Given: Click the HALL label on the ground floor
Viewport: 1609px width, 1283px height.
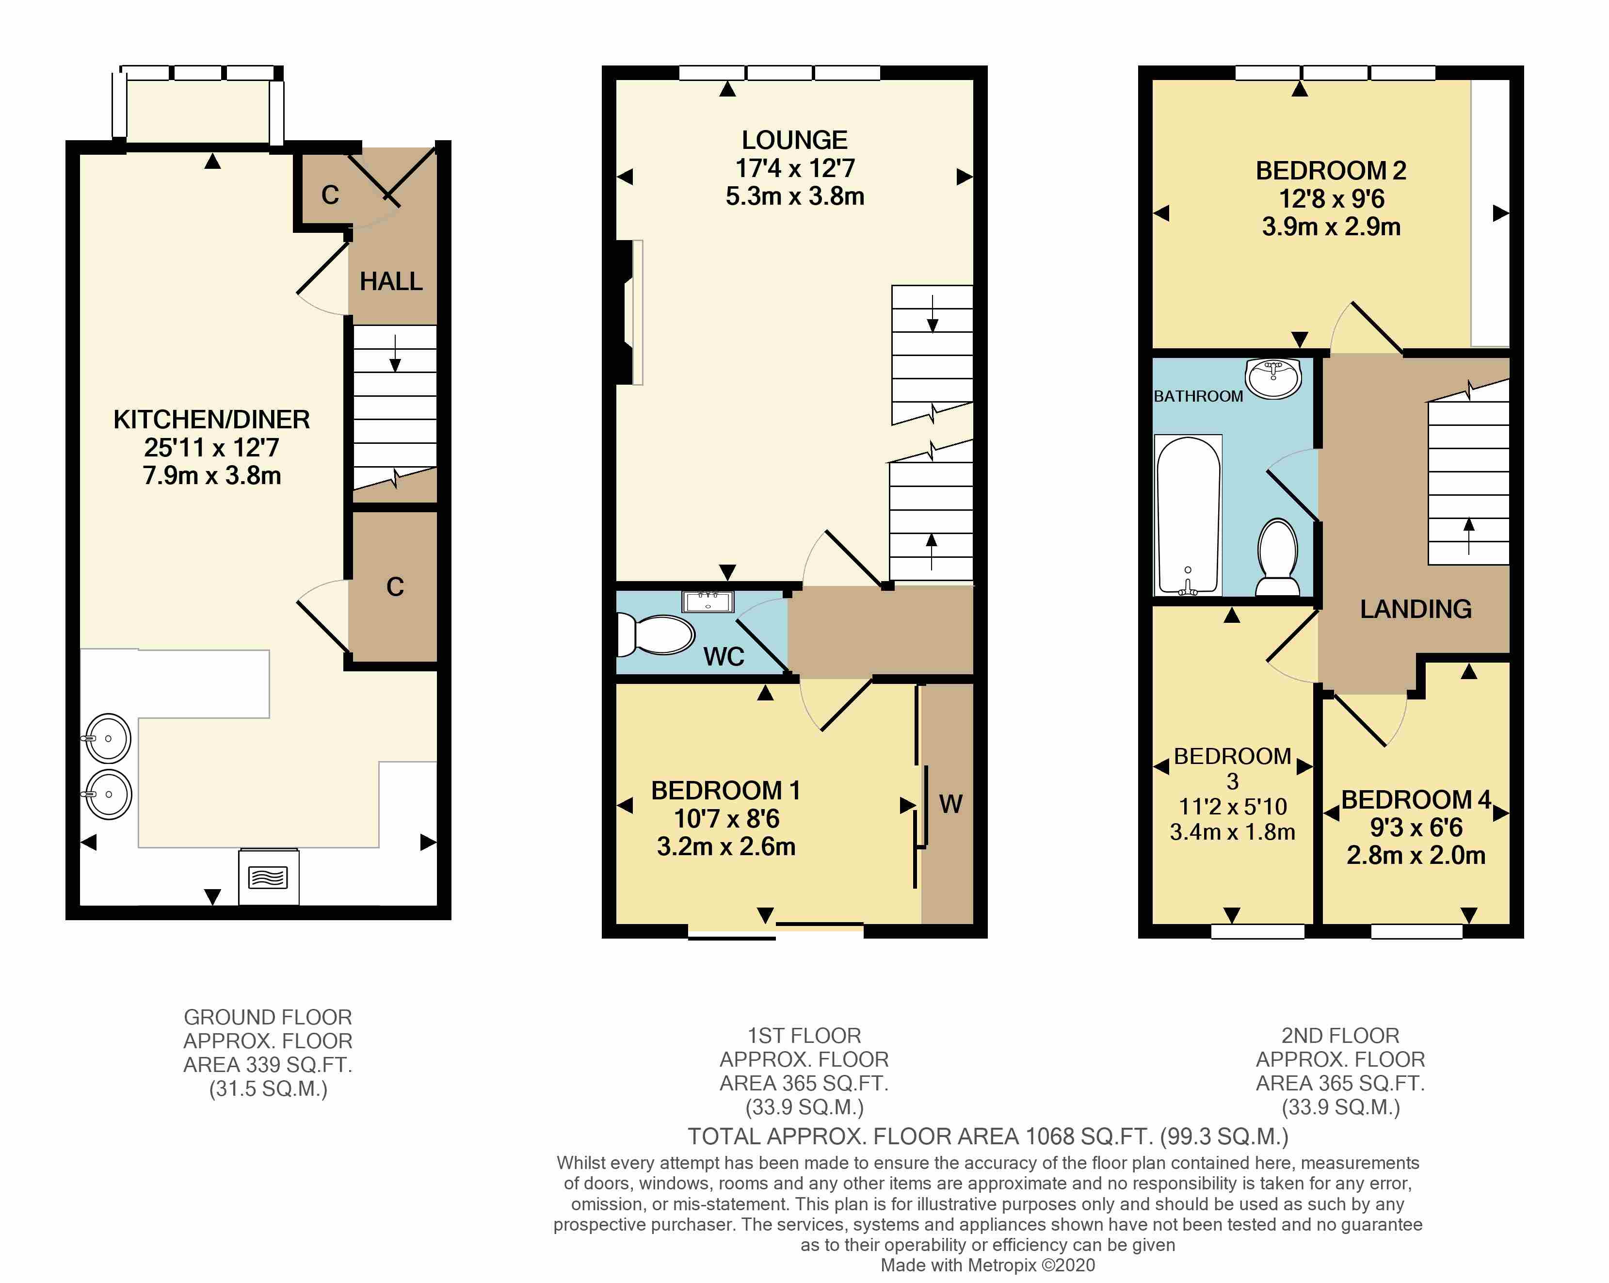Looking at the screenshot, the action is [390, 281].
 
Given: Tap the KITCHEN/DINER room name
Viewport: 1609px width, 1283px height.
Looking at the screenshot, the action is [211, 420].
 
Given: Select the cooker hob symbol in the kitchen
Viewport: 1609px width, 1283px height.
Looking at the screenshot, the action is [269, 877].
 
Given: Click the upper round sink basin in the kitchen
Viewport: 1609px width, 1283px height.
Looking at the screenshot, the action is [108, 739].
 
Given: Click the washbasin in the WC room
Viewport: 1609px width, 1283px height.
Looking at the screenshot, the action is [708, 601].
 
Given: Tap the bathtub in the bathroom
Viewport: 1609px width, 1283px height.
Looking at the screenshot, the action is [1187, 516].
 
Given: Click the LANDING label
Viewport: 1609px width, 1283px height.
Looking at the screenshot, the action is [1416, 609].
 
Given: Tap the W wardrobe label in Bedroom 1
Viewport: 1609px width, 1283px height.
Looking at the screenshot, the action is [950, 804].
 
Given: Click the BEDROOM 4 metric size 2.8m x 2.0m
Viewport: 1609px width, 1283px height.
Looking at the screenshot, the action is [1416, 855].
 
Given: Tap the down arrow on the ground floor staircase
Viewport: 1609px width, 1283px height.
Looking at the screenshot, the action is [395, 354].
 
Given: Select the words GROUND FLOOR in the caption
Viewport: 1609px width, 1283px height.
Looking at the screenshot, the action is [268, 1017].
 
